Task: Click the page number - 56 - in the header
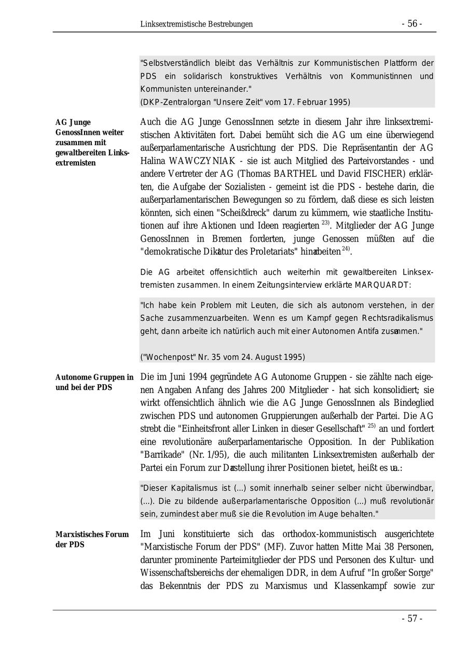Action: point(411,24)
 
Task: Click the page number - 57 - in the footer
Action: point(411,619)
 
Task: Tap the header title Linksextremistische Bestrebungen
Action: point(196,24)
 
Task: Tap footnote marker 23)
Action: point(326,223)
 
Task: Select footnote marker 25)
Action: point(372,426)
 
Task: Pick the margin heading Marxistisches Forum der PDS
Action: point(92,539)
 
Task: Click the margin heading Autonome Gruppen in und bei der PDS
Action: point(94,382)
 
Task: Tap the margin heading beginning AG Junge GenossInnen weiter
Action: point(92,143)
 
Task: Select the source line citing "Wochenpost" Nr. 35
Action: point(223,357)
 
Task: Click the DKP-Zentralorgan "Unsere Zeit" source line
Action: point(245,102)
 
